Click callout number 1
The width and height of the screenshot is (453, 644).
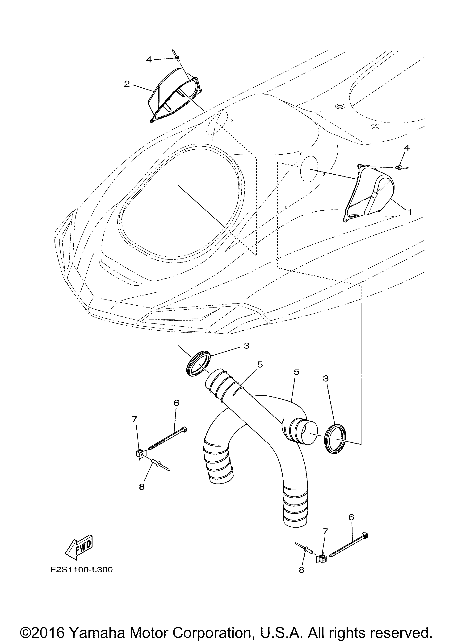coord(410,212)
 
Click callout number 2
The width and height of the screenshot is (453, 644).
coord(127,84)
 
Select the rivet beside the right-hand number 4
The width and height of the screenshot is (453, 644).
coord(403,168)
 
